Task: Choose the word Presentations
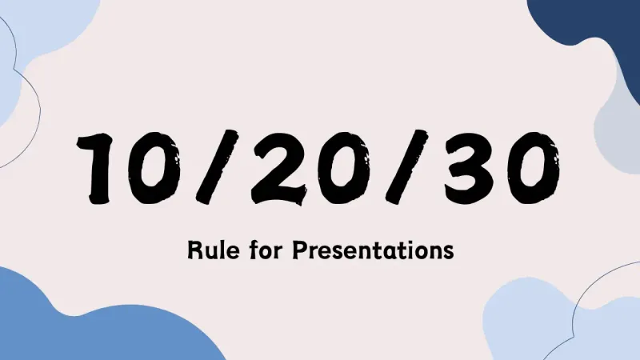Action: pos(371,250)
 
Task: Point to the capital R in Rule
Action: pos(193,250)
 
